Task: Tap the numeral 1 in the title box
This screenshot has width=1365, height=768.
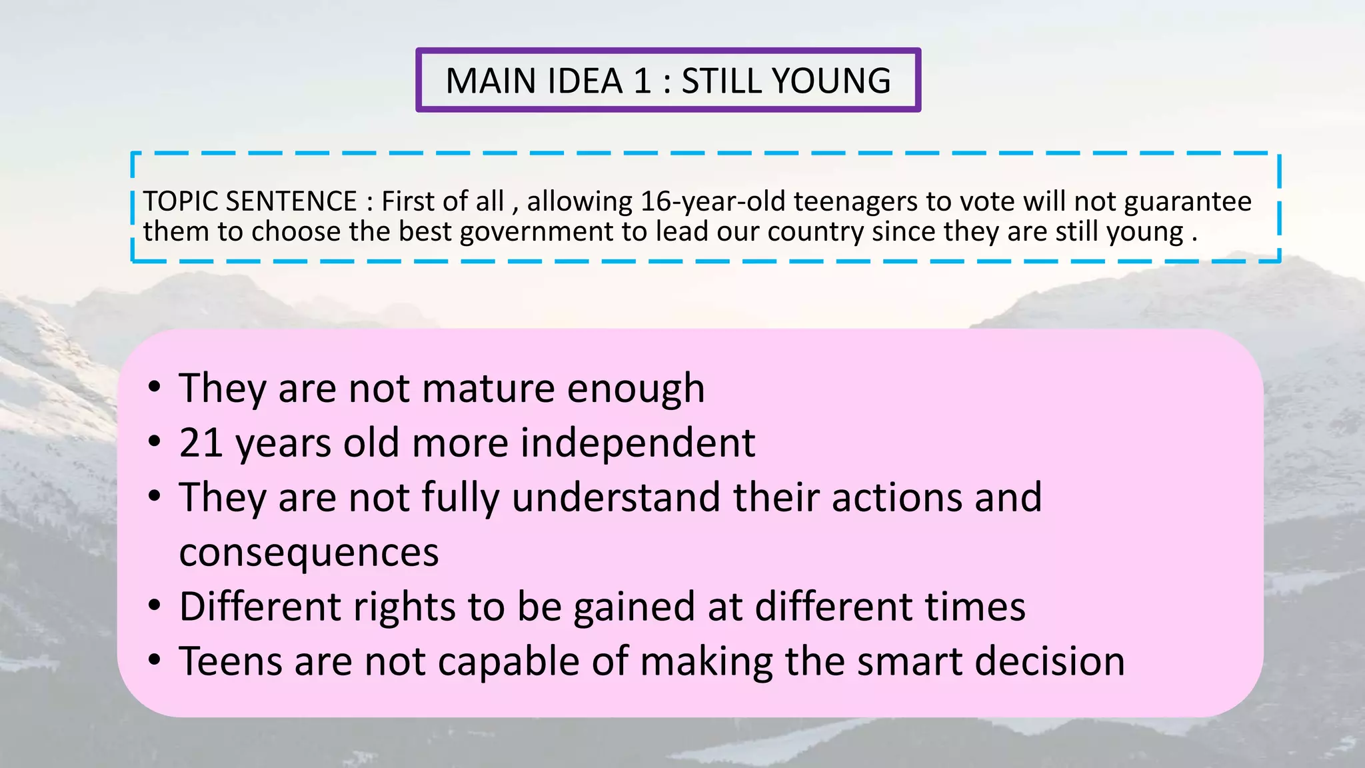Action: [642, 81]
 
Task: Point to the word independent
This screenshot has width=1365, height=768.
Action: [637, 443]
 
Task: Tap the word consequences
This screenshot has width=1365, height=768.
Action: [309, 553]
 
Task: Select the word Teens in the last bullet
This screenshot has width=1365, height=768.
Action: [231, 661]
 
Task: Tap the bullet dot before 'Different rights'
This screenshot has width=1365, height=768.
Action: [155, 606]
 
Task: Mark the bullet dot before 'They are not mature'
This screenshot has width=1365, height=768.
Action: [155, 387]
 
